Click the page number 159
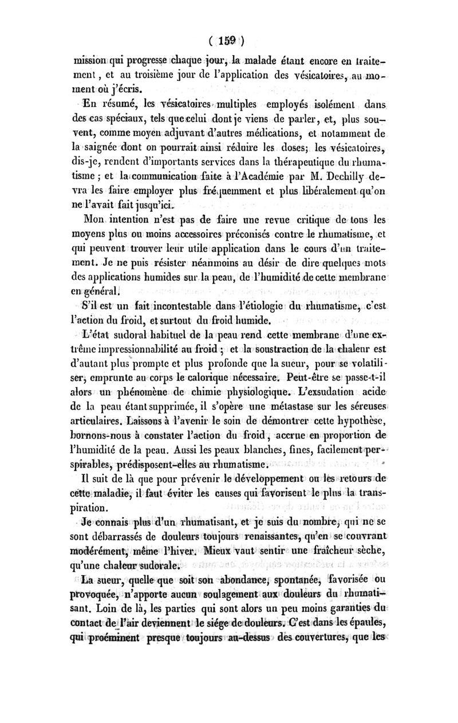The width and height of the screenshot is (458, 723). tap(226, 41)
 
